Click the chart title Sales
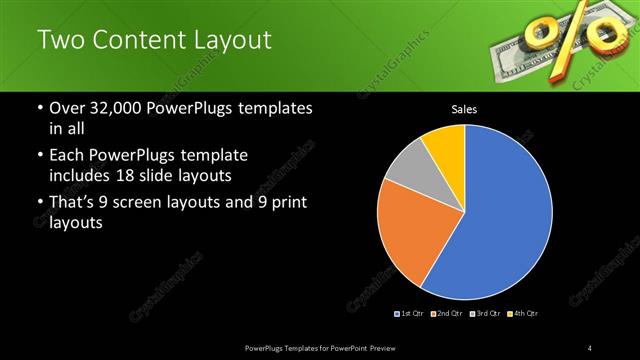pyautogui.click(x=464, y=108)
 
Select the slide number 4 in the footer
pyautogui.click(x=591, y=347)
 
